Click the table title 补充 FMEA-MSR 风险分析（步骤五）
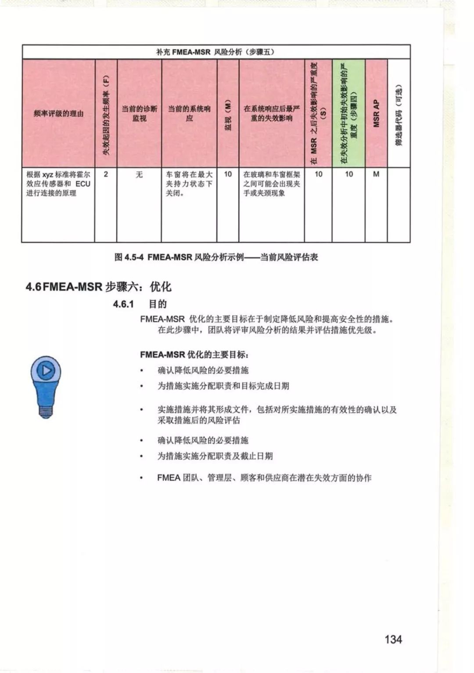pyautogui.click(x=215, y=52)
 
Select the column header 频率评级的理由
pyautogui.click(x=58, y=113)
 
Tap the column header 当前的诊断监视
pyautogui.click(x=139, y=113)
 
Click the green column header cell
pyautogui.click(x=348, y=113)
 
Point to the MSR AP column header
pyautogui.click(x=376, y=113)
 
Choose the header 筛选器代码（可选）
pyautogui.click(x=399, y=113)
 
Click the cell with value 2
pyautogui.click(x=106, y=174)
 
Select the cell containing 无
pyautogui.click(x=139, y=174)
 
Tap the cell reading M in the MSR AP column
pyautogui.click(x=376, y=174)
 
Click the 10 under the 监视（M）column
pyautogui.click(x=228, y=174)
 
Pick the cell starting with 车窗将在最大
pyautogui.click(x=189, y=184)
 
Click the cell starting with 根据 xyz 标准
pyautogui.click(x=58, y=184)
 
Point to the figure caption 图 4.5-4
pyautogui.click(x=216, y=257)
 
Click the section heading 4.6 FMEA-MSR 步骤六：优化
pyautogui.click(x=99, y=287)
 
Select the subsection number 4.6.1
pyautogui.click(x=123, y=304)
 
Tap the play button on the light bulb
pyautogui.click(x=46, y=371)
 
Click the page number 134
pyautogui.click(x=393, y=639)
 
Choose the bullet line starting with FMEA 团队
pyautogui.click(x=264, y=478)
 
